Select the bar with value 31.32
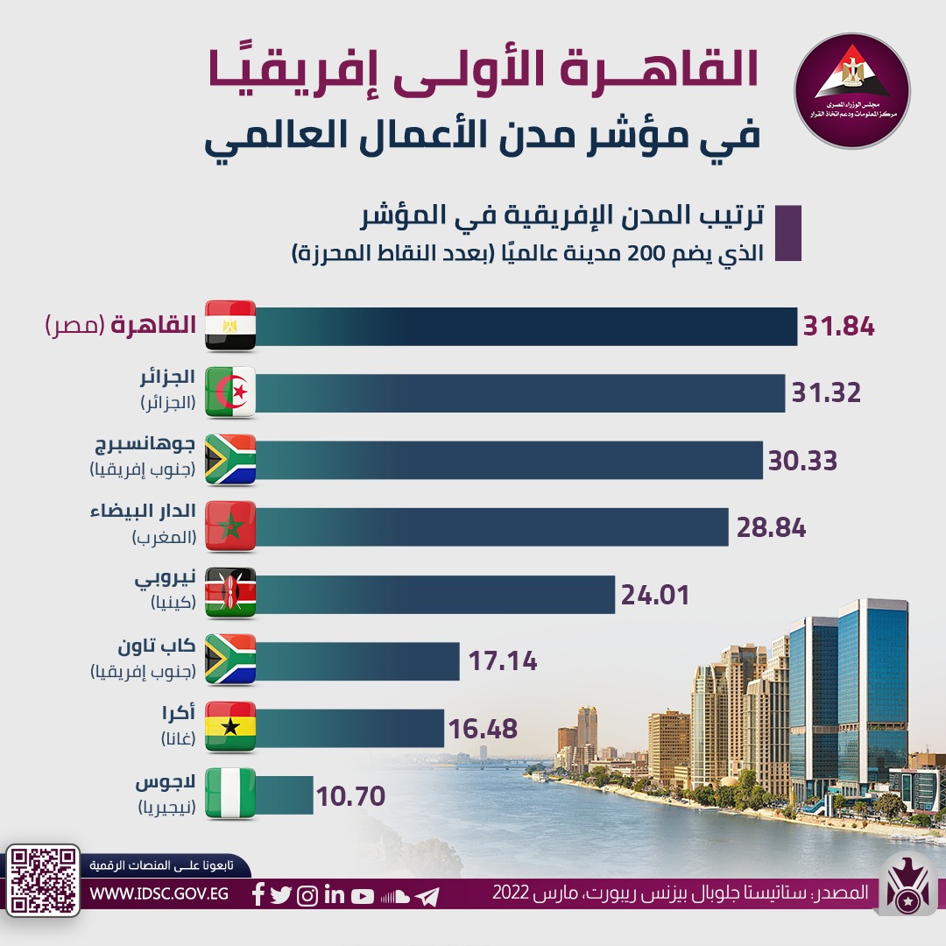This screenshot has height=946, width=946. pos(520,393)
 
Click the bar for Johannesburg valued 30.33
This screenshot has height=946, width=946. pos(509,460)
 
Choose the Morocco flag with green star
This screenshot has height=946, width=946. pos(230,526)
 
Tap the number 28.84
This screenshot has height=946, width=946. pos(770,528)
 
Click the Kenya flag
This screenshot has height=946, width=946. pos(230,594)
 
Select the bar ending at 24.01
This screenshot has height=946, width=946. pos(435,594)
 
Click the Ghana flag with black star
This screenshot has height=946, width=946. pos(230,727)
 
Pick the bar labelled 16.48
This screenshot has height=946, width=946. pos(350,728)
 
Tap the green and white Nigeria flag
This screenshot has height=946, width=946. pos(230,794)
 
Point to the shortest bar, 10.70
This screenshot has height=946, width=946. pos(285,794)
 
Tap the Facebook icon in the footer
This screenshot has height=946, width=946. pos(258,896)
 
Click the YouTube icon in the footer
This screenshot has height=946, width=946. pos(363,896)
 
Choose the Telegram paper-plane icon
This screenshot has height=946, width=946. pos(427,896)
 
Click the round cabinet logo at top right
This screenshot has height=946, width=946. pos(851,80)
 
